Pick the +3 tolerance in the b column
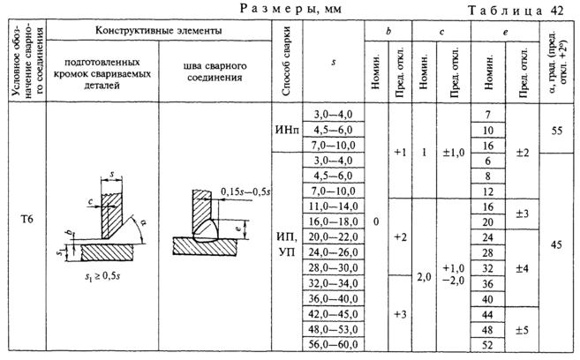point(399,314)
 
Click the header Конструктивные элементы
point(158,31)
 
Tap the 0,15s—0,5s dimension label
point(252,191)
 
